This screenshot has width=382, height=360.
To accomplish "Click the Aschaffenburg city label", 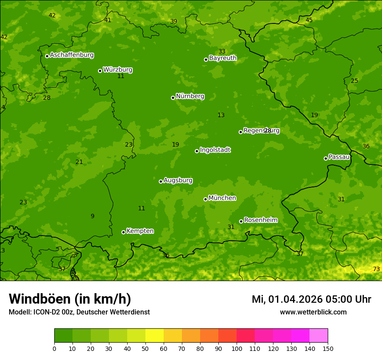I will pyautogui.click(x=72, y=55).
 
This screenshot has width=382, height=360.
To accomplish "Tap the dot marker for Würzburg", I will pyautogui.click(x=100, y=71).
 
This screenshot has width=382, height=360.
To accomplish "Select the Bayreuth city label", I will pyautogui.click(x=223, y=58).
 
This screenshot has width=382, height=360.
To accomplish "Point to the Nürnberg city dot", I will pyautogui.click(x=173, y=98).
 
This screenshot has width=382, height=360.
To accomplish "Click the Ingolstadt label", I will pyautogui.click(x=215, y=150).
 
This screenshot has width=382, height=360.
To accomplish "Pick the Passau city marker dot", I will pyautogui.click(x=326, y=158).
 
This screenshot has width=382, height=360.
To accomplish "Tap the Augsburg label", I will pyautogui.click(x=178, y=180).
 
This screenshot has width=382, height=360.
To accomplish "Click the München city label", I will pyautogui.click(x=222, y=198).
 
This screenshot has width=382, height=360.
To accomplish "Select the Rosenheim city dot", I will pyautogui.click(x=241, y=221).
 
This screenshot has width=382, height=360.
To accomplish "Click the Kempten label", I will pyautogui.click(x=140, y=231).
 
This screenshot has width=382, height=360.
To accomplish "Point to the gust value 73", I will pyautogui.click(x=376, y=269).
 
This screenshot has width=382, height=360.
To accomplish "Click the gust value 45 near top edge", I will pyautogui.click(x=309, y=20).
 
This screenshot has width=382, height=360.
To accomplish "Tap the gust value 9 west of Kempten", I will pyautogui.click(x=92, y=216).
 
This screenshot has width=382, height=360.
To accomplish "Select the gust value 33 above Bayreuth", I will pyautogui.click(x=222, y=52).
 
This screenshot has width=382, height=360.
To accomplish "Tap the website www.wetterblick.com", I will pyautogui.click(x=313, y=312).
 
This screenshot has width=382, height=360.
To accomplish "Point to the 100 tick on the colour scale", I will pyautogui.click(x=237, y=348).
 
